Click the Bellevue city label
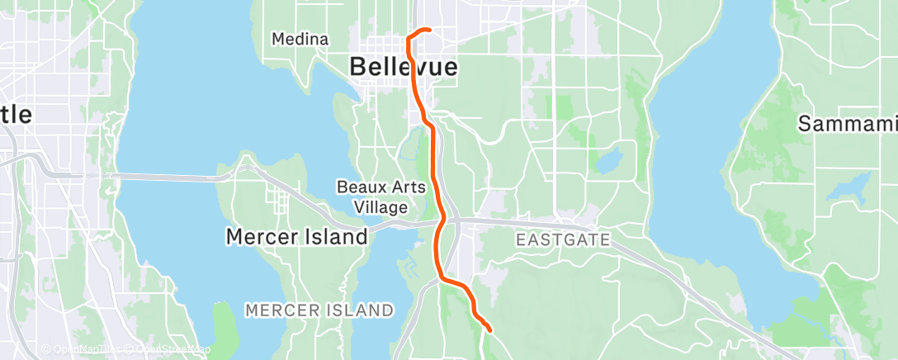pos(404,67)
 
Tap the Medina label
pos(300,39)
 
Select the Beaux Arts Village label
pos(382,197)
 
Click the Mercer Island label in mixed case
pos(297,237)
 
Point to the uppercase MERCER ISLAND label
pos(319,310)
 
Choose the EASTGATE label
pos(563,240)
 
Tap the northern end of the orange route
pos(429,31)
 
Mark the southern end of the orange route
pos(489,330)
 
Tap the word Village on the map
pos(382,206)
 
